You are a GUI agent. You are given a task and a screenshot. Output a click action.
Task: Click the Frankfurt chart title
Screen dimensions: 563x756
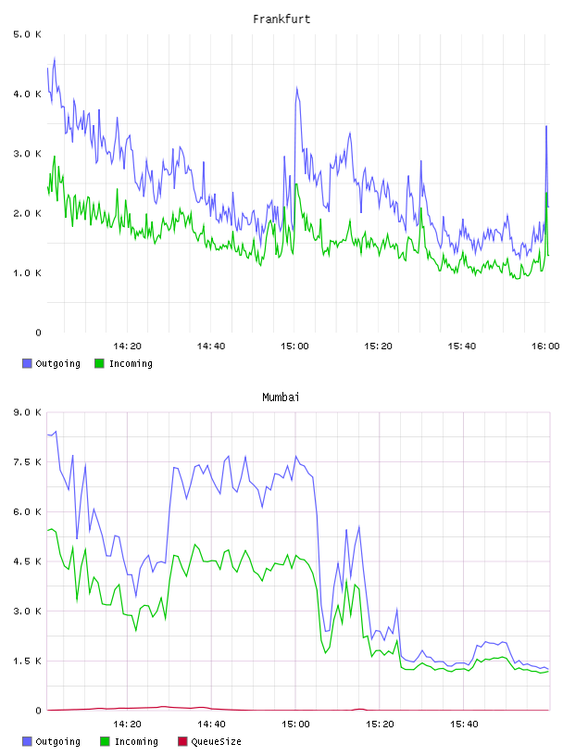coord(281,19)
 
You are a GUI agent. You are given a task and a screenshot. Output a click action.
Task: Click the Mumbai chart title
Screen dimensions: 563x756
coord(281,397)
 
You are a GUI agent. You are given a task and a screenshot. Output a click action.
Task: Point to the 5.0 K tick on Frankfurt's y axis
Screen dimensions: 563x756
coord(28,34)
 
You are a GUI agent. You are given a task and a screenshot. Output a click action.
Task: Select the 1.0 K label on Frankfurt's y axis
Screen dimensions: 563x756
coord(28,273)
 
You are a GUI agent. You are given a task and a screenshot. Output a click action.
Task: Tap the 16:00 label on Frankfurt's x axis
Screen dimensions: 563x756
coord(545,346)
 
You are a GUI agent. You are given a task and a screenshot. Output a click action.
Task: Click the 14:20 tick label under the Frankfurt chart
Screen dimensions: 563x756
coord(127,346)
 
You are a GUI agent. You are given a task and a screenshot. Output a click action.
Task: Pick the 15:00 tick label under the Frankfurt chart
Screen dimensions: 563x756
coord(294,346)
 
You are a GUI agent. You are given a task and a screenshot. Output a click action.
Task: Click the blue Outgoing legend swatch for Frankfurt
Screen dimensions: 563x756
coord(27,363)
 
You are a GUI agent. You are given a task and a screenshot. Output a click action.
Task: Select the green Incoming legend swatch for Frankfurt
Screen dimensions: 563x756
coord(99,363)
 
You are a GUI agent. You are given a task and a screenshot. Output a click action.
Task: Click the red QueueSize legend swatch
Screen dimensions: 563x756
coord(182,741)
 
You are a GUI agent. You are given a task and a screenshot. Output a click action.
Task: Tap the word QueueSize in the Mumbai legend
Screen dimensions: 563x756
coord(216,742)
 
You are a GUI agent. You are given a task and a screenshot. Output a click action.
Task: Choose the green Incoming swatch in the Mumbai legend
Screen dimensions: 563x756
coord(105,741)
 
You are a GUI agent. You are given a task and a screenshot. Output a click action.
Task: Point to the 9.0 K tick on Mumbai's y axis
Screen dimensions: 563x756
coord(28,412)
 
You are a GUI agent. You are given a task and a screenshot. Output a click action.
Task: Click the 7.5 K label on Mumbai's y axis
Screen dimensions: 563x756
coord(28,462)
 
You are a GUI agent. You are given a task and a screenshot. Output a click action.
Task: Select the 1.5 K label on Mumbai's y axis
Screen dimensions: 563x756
coord(28,661)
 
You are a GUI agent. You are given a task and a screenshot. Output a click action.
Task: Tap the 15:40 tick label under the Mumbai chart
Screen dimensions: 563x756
coord(464,724)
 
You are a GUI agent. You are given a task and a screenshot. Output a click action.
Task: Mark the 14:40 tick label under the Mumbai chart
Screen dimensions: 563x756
coord(211,724)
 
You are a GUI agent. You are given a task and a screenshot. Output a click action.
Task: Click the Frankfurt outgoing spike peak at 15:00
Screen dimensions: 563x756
coord(297,88)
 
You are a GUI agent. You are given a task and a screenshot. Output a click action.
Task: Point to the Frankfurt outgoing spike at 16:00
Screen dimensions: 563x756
coord(546,126)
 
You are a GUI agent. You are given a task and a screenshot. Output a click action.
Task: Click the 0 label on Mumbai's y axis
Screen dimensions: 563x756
coord(39,711)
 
